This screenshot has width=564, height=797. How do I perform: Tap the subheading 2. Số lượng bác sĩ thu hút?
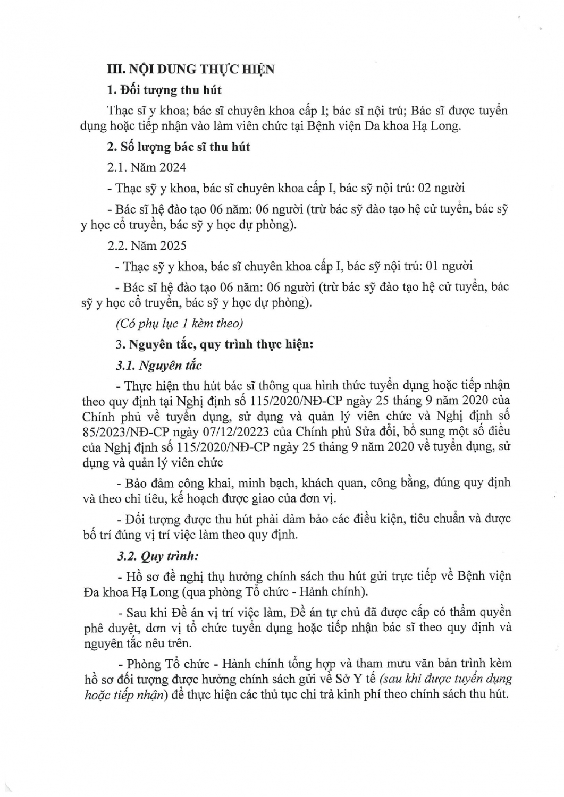coord(178,147)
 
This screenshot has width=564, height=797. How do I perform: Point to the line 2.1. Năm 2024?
coord(147,167)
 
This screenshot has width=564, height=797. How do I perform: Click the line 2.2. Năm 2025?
coord(147,245)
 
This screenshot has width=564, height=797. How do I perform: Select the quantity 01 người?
coord(449,266)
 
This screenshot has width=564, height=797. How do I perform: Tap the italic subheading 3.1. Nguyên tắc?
coord(159,365)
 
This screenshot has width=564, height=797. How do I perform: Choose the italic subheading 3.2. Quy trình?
coord(157,557)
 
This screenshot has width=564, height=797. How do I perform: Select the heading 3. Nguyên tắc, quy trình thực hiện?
coord(214,344)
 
